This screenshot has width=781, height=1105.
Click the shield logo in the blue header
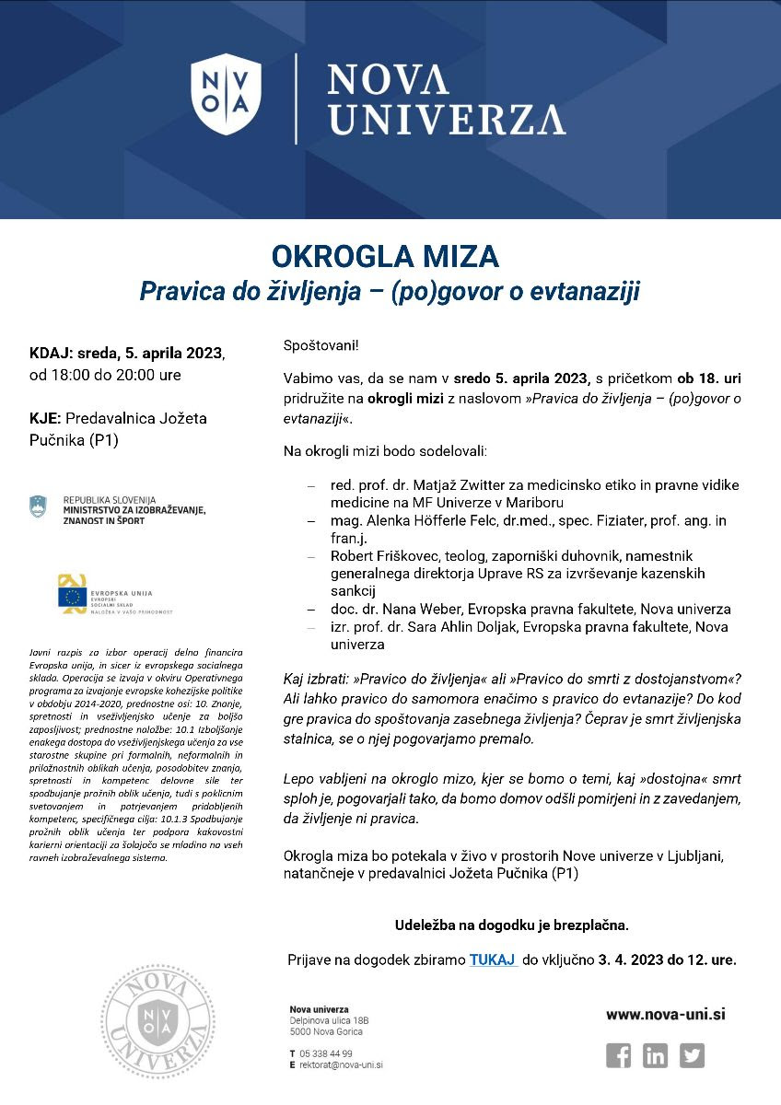(227, 94)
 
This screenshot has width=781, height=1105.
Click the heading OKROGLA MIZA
(385, 256)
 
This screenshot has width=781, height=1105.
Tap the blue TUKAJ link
(493, 960)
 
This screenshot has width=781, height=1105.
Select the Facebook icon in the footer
(619, 1055)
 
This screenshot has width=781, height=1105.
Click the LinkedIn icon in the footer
(656, 1055)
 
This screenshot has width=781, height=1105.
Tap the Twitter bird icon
(692, 1055)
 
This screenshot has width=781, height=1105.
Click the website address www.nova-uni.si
(665, 1014)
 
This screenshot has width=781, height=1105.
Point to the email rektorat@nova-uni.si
(340, 1064)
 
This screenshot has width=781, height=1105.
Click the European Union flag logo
(73, 596)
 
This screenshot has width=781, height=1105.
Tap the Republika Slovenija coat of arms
(38, 506)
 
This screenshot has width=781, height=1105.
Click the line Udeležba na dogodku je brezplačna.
(511, 924)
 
